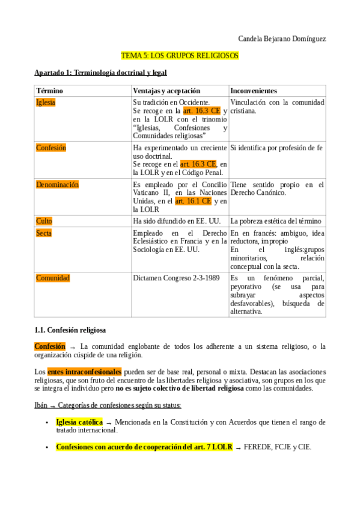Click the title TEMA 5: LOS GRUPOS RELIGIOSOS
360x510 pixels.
coord(180,55)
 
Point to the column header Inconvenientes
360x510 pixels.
coord(254,90)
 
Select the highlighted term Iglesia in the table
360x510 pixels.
coord(46,102)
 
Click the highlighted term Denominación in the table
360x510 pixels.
coord(57,185)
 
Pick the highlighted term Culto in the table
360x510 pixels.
coord(44,221)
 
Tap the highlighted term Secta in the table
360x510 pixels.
coord(44,233)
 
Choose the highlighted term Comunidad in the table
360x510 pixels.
coord(53,278)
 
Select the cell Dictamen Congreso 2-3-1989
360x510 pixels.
coord(176,278)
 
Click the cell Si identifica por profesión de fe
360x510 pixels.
coord(276,147)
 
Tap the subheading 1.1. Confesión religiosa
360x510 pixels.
coord(70,330)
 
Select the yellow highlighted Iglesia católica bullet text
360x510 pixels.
coord(79,422)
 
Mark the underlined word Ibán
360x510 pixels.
coord(41,405)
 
